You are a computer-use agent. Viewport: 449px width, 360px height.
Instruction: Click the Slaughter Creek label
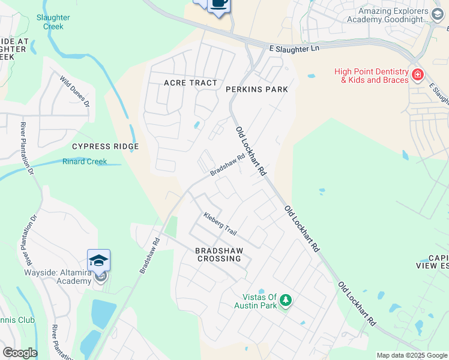pyautogui.click(x=53, y=22)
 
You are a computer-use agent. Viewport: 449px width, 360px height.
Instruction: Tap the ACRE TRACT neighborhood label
pyautogui.click(x=190, y=82)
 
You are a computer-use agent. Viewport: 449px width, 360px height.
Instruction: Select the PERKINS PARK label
pyautogui.click(x=257, y=89)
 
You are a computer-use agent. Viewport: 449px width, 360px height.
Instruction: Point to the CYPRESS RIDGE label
pyautogui.click(x=105, y=146)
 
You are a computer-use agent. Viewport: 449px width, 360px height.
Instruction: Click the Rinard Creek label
pyautogui.click(x=85, y=161)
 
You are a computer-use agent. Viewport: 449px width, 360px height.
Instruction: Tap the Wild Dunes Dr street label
pyautogui.click(x=74, y=91)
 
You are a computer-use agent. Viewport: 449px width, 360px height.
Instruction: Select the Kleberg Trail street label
pyautogui.click(x=220, y=223)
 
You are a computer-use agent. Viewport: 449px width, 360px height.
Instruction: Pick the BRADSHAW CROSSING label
pyautogui.click(x=218, y=254)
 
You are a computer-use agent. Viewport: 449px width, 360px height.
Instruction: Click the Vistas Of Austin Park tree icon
pyautogui.click(x=286, y=299)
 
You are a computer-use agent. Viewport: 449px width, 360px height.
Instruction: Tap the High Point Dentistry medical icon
pyautogui.click(x=417, y=75)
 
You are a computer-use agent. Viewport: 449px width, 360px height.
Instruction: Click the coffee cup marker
pyautogui.click(x=219, y=4)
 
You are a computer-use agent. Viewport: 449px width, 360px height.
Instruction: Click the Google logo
pyautogui.click(x=20, y=353)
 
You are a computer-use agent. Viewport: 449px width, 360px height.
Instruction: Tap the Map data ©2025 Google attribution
pyautogui.click(x=412, y=355)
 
